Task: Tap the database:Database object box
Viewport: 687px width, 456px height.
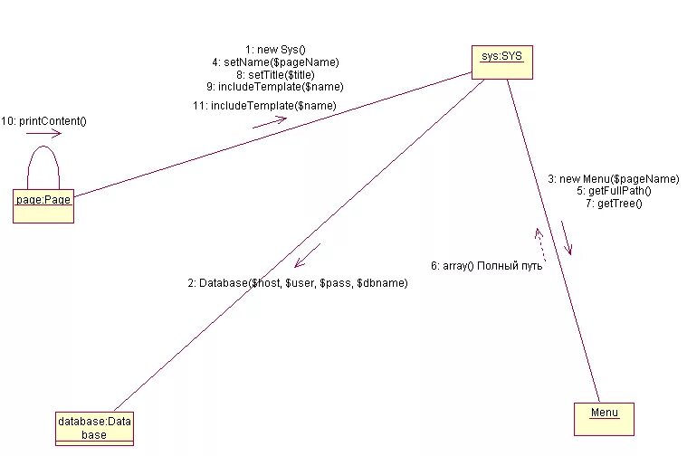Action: pos(94,428)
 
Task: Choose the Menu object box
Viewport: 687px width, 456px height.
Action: pos(604,418)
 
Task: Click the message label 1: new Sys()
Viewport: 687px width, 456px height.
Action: pos(275,48)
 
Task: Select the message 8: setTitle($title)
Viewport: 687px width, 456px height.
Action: pos(275,74)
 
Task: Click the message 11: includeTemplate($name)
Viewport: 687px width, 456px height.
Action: pos(263,106)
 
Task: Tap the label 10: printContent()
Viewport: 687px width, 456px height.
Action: pos(44,120)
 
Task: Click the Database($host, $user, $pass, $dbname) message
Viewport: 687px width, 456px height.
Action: pos(298,283)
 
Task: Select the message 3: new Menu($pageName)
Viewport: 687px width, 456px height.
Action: pos(613,179)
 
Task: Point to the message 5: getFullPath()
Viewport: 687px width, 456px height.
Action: pos(620,191)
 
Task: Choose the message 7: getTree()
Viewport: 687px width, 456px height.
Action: pos(619,204)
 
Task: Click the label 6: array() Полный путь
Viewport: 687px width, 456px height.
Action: pos(486,266)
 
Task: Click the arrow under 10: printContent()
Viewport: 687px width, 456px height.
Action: pos(43,134)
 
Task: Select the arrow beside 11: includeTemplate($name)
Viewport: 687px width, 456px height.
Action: pos(270,121)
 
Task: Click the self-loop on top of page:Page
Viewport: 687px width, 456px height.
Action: pos(43,163)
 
